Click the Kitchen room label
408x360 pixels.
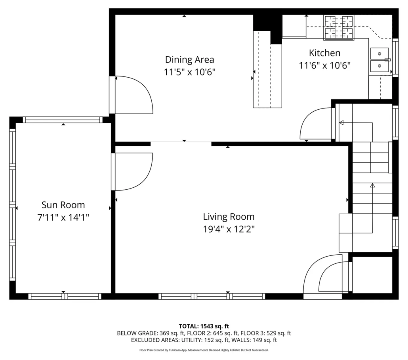[x=324, y=53]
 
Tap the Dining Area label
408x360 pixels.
[x=189, y=59]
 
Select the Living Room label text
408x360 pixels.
[x=229, y=217]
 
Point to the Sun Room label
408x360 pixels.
[x=63, y=205]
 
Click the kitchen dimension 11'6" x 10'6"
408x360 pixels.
[x=325, y=65]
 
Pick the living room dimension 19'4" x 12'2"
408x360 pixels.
[x=229, y=229]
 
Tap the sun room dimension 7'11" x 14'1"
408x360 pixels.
[x=63, y=217]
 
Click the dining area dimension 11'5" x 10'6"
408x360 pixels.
[x=189, y=72]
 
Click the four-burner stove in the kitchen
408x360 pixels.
[x=339, y=27]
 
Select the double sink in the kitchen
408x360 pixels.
[x=379, y=60]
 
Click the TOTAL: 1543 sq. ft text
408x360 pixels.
[x=204, y=326]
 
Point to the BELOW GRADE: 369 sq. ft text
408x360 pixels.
[x=151, y=333]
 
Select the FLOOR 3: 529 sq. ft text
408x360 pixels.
[x=266, y=333]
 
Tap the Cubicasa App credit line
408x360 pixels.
[x=204, y=350]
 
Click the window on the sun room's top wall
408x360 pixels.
[x=63, y=120]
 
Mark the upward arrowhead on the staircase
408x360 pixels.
[x=372, y=185]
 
